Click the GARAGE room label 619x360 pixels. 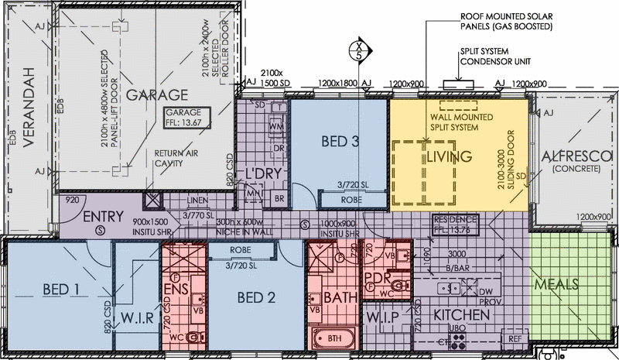[x=158, y=95]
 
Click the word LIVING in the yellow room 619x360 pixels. [x=448, y=157]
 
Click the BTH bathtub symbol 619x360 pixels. [x=335, y=339]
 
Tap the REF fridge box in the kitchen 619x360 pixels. [x=514, y=338]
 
